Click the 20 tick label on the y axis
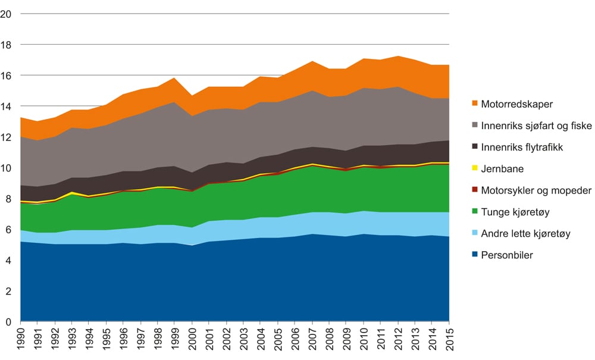pos(7,14)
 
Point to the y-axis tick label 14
pos(7,107)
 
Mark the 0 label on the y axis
pos(8,323)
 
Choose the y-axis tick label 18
pos(7,45)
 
